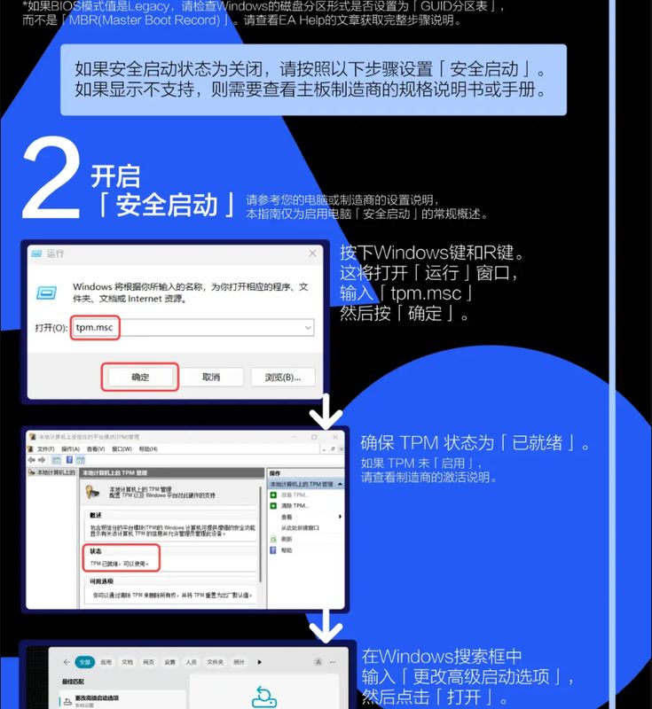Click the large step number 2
tap(51, 180)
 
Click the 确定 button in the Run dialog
tap(140, 377)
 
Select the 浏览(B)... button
tap(282, 377)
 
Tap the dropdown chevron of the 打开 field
tap(307, 328)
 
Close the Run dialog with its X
tap(312, 253)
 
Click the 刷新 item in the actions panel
tap(287, 539)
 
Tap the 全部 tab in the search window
tap(84, 662)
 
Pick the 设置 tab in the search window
tap(169, 662)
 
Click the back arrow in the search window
tap(65, 662)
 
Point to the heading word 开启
tap(115, 175)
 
